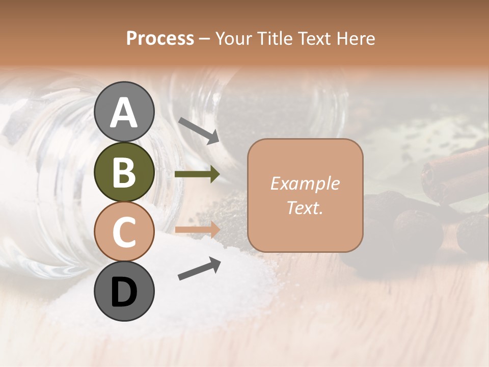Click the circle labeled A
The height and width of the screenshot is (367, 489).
click(x=124, y=112)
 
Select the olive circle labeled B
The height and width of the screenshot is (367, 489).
click(x=124, y=172)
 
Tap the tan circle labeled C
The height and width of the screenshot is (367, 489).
click(x=124, y=231)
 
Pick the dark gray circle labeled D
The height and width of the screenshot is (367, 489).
click(x=124, y=291)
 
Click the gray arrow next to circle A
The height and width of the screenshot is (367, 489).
click(x=199, y=130)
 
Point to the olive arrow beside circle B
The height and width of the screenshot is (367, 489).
click(x=197, y=174)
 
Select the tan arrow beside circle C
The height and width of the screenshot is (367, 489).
click(x=197, y=230)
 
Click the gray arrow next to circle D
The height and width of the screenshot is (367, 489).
click(x=199, y=269)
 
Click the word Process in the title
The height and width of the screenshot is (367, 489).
click(x=160, y=38)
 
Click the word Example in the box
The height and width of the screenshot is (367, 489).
click(x=305, y=183)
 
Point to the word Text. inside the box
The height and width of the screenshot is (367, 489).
click(x=305, y=207)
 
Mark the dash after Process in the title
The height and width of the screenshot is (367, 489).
click(x=205, y=39)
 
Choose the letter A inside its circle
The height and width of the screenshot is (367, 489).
click(x=124, y=112)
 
